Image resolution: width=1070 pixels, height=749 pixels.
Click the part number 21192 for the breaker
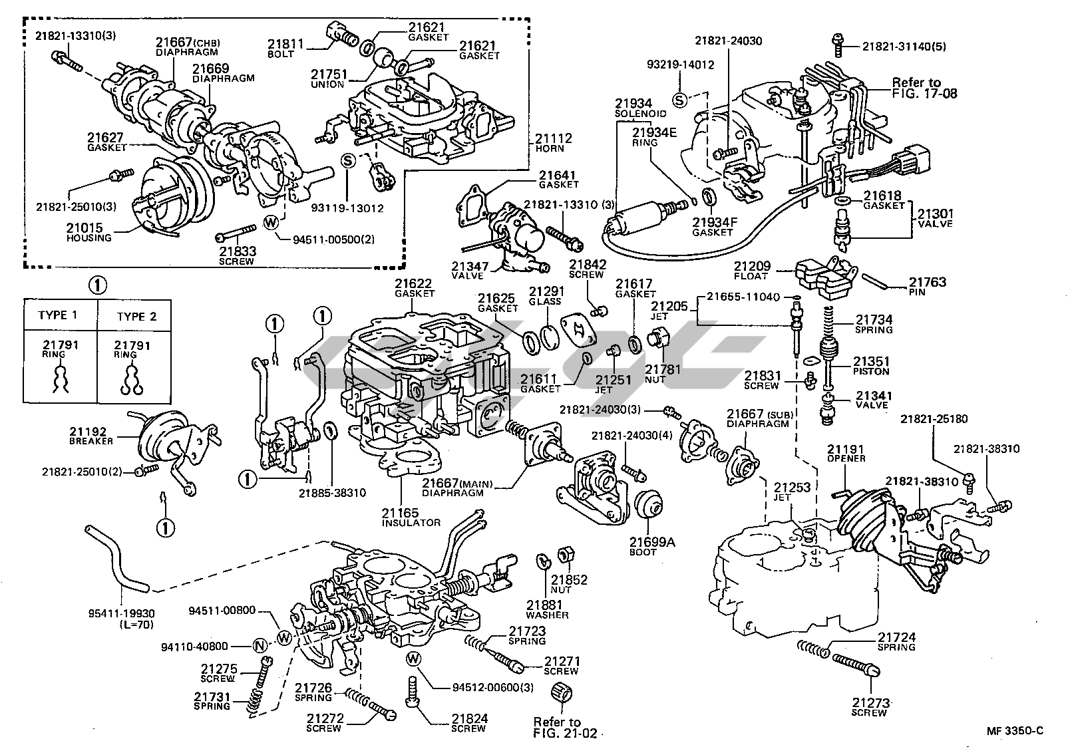click(88, 432)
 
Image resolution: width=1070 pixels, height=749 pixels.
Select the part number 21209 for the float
click(752, 266)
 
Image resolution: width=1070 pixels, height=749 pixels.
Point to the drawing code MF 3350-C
click(1015, 730)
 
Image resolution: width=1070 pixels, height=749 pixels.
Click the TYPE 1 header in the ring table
click(58, 315)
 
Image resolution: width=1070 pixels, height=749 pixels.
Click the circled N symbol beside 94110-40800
click(261, 645)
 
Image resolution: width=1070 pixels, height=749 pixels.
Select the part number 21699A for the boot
click(653, 542)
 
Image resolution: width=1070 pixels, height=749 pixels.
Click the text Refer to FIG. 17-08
click(924, 88)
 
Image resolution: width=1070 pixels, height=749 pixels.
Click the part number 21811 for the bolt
click(285, 45)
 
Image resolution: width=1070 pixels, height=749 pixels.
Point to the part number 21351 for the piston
click(872, 362)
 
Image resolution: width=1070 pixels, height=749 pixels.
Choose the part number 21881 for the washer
click(546, 605)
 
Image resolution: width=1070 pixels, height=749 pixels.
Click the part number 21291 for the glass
click(546, 291)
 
